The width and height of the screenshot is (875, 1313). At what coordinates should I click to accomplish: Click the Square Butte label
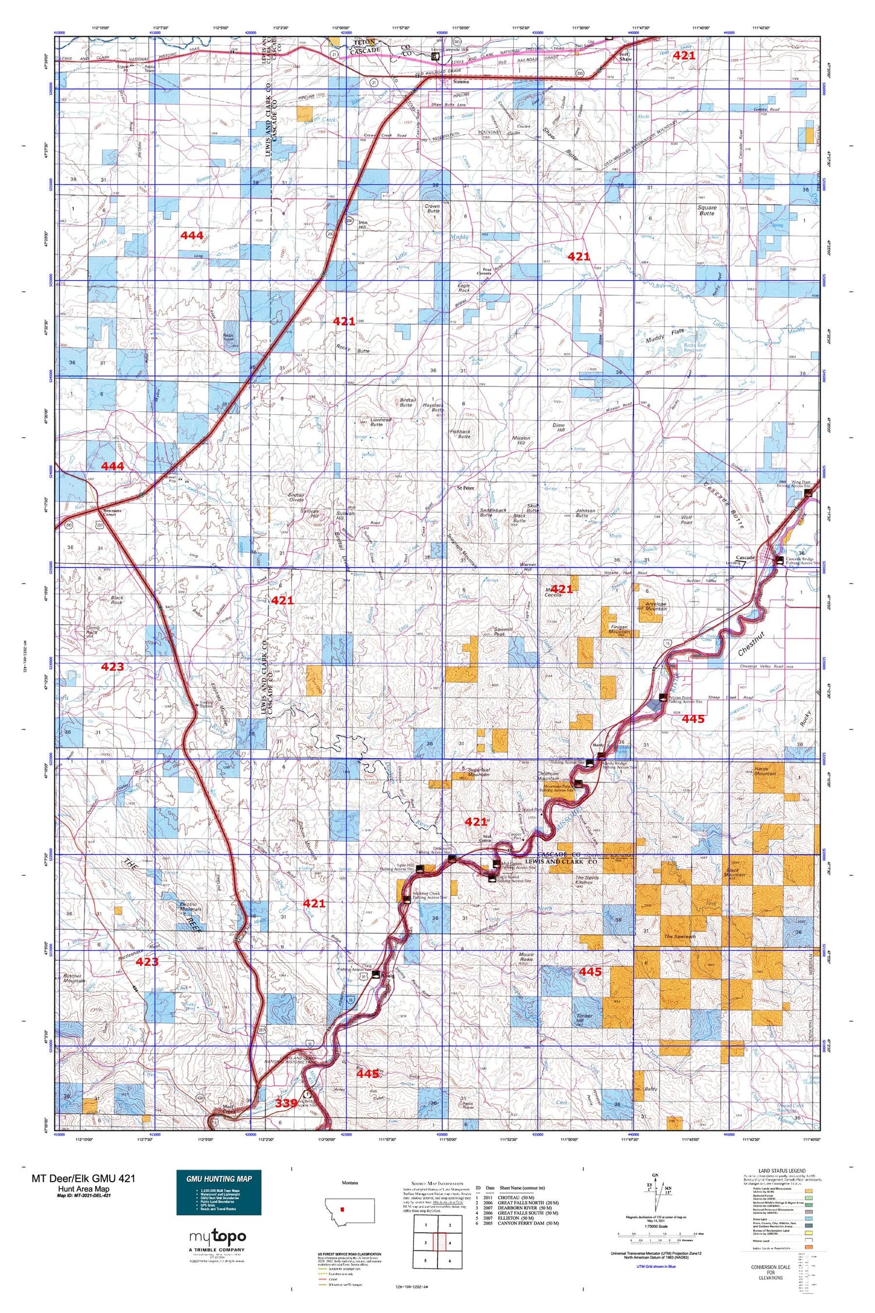706,210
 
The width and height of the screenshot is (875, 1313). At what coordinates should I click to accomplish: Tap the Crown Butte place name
432,209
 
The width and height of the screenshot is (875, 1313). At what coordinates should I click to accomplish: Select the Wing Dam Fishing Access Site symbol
808,493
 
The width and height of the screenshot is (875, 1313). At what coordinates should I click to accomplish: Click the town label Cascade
745,558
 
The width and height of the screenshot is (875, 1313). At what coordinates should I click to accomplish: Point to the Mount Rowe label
526,957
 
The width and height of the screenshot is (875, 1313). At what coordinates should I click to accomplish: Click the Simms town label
461,82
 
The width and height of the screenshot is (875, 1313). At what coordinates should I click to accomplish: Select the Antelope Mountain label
656,606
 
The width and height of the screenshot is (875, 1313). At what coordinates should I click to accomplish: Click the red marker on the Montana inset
342,1209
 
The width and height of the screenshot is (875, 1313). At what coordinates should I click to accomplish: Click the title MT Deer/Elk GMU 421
83,1178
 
